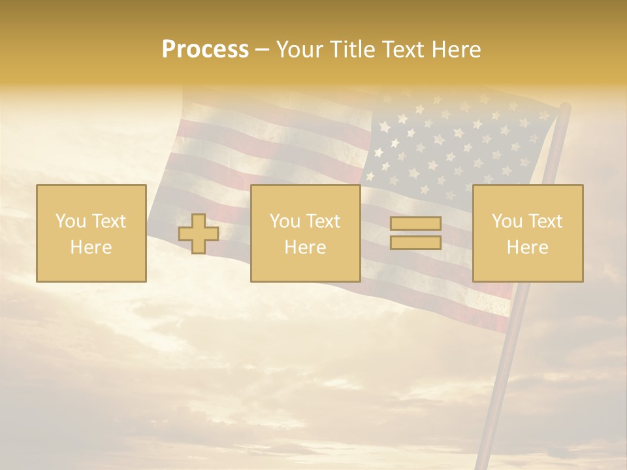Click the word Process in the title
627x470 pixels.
[x=205, y=50]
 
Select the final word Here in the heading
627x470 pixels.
[x=457, y=50]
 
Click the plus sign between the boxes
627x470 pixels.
[x=199, y=234]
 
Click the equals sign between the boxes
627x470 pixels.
[x=415, y=233]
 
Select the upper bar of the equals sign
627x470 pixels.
[x=415, y=224]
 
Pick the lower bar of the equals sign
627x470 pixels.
[x=415, y=242]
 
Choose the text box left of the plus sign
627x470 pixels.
[x=91, y=233]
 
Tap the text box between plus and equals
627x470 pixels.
[x=305, y=233]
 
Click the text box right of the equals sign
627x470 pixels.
[x=528, y=233]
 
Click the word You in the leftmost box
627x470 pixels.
[x=71, y=221]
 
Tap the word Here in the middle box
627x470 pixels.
[x=305, y=247]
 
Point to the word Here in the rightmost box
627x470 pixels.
[x=528, y=247]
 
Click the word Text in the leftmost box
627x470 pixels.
[x=108, y=221]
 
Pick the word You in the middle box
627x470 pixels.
[x=285, y=221]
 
